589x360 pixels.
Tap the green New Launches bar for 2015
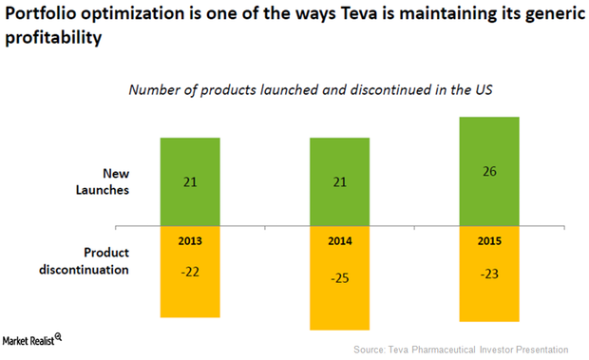pyautogui.click(x=489, y=171)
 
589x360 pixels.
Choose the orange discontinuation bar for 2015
pyautogui.click(x=489, y=275)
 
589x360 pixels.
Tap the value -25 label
pyautogui.click(x=340, y=280)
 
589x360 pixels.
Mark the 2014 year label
pyautogui.click(x=340, y=241)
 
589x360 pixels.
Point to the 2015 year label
pyautogui.click(x=489, y=241)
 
